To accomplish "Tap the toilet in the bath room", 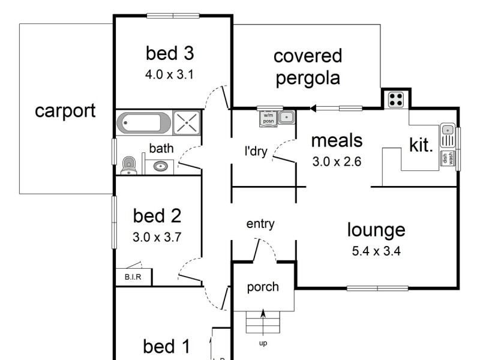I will point(128,164).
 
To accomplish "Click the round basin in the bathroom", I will point(160,166).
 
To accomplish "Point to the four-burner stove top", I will point(396,98).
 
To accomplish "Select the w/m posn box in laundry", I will point(268,118).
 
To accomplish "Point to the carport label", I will point(65,111).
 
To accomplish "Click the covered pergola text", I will point(307,67).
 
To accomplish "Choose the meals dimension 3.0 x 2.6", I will point(337,161).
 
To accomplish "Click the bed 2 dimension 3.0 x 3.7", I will point(157,236).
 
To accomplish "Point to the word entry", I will point(260,224).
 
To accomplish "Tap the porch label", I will point(263,287).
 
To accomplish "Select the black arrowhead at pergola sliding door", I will point(313,109).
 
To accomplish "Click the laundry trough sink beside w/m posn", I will point(286,118).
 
